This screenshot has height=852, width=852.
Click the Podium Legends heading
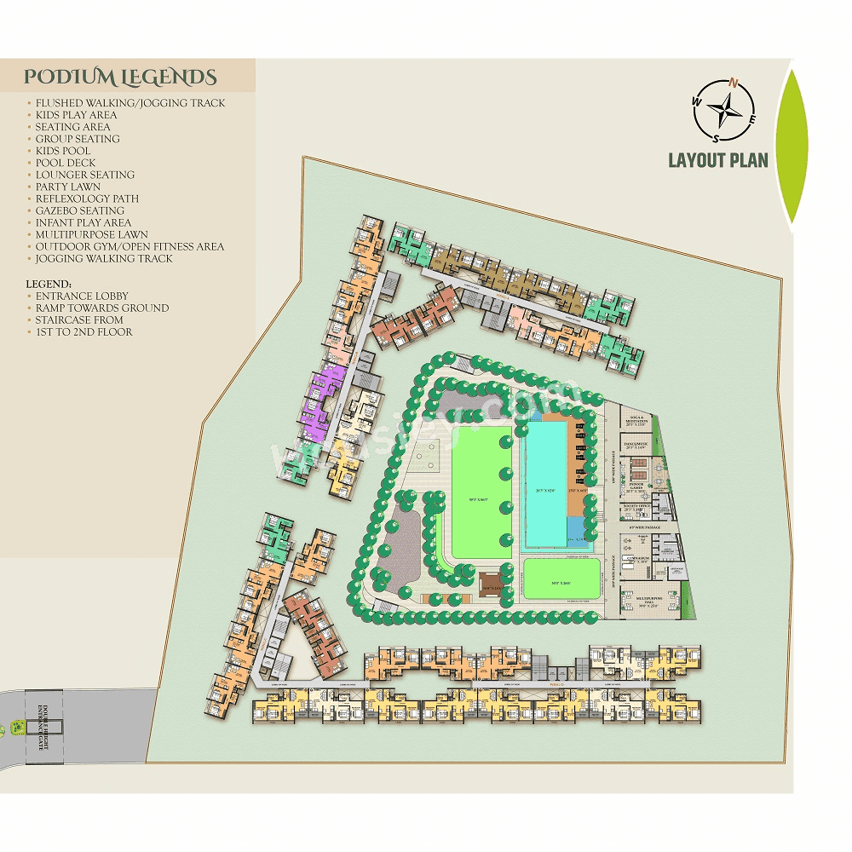(x=120, y=78)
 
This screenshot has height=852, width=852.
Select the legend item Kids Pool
(x=63, y=151)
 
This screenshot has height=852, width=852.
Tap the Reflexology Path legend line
(x=87, y=199)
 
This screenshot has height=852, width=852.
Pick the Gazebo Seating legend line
(x=80, y=210)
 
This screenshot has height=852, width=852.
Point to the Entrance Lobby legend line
(x=82, y=296)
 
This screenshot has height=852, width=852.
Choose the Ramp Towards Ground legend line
(x=101, y=308)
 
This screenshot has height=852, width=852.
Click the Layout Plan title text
(x=717, y=160)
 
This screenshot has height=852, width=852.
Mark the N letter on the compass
(x=734, y=83)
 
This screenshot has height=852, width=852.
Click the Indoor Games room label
(x=636, y=489)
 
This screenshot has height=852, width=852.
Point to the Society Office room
(x=636, y=509)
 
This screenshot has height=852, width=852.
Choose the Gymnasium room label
(x=638, y=559)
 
